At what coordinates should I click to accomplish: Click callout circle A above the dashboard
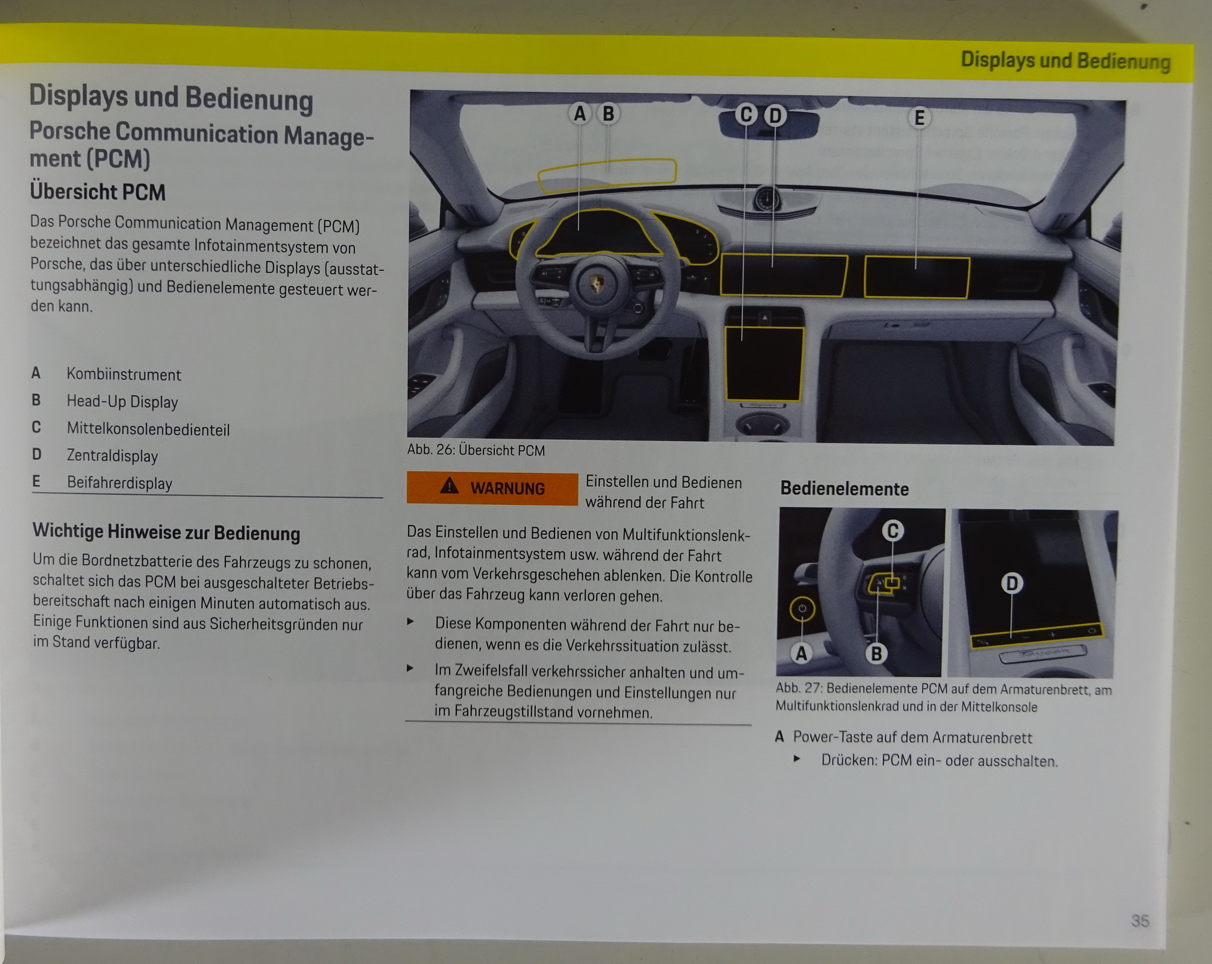[580, 113]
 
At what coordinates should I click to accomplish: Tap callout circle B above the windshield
[608, 113]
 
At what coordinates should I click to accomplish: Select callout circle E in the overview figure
[919, 117]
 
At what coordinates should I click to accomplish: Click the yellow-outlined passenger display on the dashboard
[917, 277]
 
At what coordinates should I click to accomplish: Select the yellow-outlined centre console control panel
[764, 364]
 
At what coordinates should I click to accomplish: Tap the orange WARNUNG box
[492, 488]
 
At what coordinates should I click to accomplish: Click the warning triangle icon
[449, 485]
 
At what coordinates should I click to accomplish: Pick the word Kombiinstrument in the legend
[124, 375]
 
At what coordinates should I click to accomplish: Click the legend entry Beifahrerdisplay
[119, 483]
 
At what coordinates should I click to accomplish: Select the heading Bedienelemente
[844, 489]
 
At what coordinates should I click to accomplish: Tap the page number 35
[1140, 921]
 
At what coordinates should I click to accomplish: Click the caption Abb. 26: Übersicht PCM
[476, 450]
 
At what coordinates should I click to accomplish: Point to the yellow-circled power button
[802, 609]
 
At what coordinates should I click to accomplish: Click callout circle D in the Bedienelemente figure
[1012, 583]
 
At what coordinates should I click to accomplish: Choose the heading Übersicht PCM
[98, 192]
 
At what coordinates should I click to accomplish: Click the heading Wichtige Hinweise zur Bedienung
[166, 533]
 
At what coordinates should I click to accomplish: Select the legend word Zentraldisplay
[112, 455]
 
